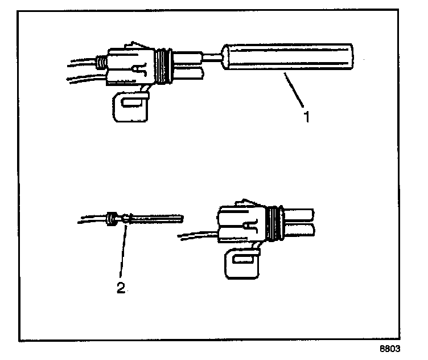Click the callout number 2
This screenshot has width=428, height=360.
121,288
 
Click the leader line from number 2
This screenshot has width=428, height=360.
122,251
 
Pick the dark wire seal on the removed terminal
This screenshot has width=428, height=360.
112,217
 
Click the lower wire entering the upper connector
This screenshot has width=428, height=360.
85,77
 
